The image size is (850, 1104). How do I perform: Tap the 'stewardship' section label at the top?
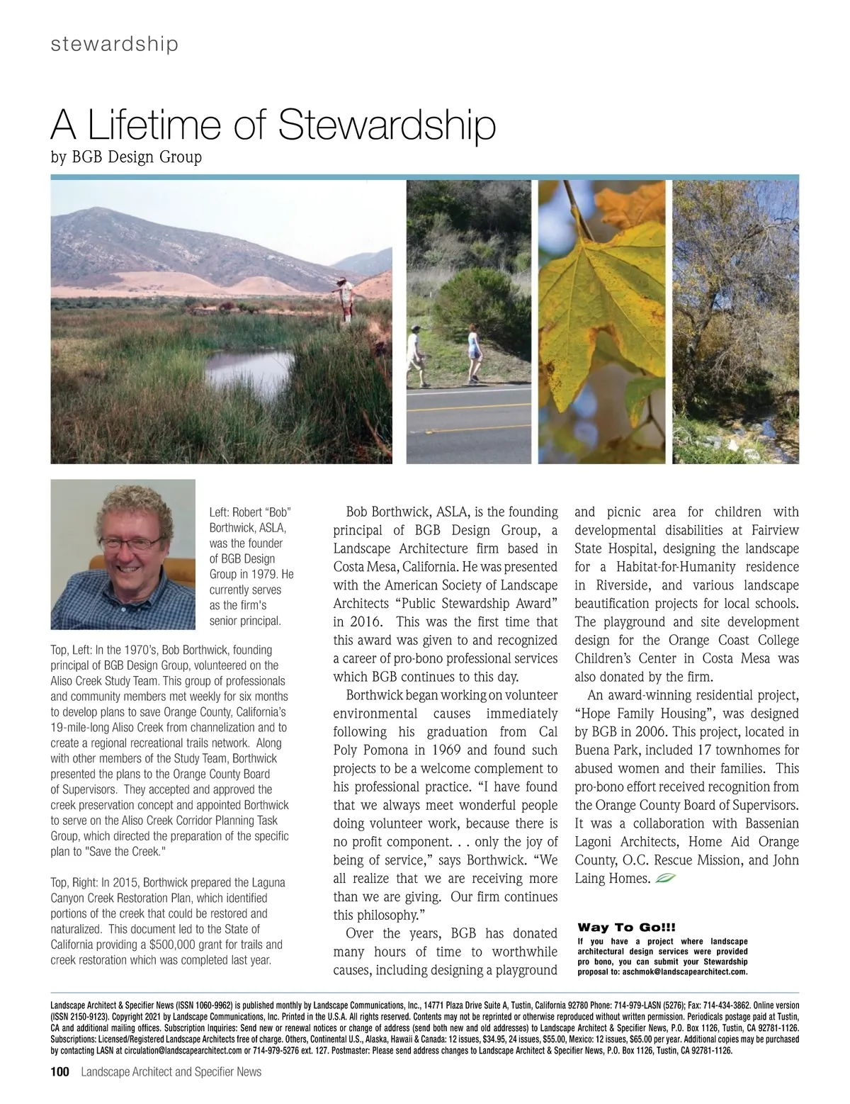[114, 44]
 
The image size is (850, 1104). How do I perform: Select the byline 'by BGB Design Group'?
[126, 157]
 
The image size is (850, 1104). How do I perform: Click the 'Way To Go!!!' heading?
[627, 928]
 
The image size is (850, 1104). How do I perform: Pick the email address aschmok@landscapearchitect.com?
[684, 971]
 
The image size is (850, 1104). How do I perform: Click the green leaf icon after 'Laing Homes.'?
[667, 879]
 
